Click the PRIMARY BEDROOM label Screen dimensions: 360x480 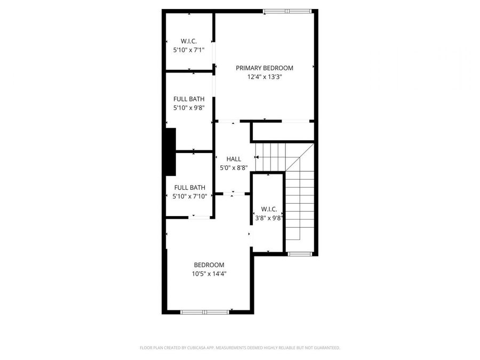point(265,68)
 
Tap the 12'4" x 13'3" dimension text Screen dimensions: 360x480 point(265,77)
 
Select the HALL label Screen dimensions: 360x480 point(234,159)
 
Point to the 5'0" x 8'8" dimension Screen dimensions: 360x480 point(234,168)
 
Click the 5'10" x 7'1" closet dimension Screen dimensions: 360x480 point(189,50)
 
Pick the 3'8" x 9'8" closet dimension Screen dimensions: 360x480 point(268,218)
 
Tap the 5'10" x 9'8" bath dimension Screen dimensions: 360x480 point(189,108)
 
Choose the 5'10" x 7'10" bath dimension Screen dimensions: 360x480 point(189,197)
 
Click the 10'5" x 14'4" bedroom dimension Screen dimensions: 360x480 point(209,274)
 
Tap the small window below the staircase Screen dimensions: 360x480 point(299,254)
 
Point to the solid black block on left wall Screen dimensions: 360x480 point(171,151)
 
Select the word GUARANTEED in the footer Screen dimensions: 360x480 point(326,348)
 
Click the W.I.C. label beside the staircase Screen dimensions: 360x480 point(268,209)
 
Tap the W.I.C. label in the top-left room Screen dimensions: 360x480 point(189,41)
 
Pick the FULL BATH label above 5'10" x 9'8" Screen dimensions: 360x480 point(189,99)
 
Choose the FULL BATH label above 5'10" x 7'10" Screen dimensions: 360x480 point(189,188)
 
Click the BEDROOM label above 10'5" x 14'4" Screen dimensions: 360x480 point(209,265)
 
